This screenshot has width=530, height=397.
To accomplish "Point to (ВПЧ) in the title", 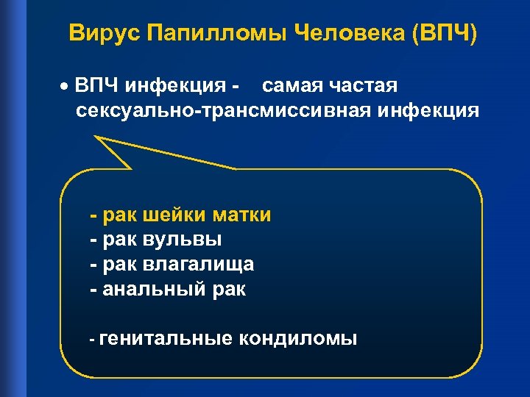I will pyautogui.click(x=445, y=34).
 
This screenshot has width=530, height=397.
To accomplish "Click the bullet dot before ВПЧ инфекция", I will pyautogui.click(x=65, y=87).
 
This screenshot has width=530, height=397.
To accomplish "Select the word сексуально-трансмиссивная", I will pyautogui.click(x=224, y=111).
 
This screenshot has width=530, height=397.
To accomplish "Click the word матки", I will pyautogui.click(x=241, y=215).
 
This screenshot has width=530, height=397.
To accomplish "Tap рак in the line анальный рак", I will pyautogui.click(x=227, y=289).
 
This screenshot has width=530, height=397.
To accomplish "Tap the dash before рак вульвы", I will pyautogui.click(x=93, y=240).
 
